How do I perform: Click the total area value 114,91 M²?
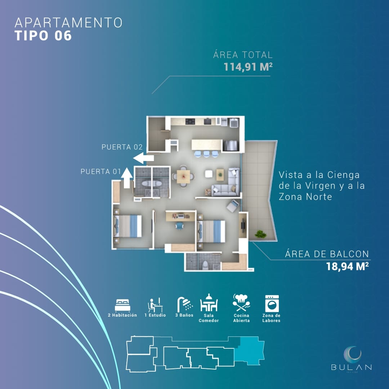(x=248, y=67)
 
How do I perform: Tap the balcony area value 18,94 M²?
(x=347, y=267)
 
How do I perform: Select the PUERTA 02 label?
(x=122, y=147)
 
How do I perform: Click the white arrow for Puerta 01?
(x=127, y=178)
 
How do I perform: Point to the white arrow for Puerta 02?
(x=143, y=158)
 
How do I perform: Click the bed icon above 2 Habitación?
(x=122, y=305)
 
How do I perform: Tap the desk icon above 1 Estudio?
(x=155, y=305)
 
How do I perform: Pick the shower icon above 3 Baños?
(x=185, y=304)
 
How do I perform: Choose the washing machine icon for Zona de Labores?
(x=272, y=303)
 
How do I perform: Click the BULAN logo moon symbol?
(x=352, y=354)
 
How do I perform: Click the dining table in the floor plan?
(x=183, y=176)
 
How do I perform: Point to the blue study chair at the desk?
(x=179, y=225)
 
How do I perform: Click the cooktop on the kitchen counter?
(x=190, y=122)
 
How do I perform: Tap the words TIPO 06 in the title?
(x=43, y=35)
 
